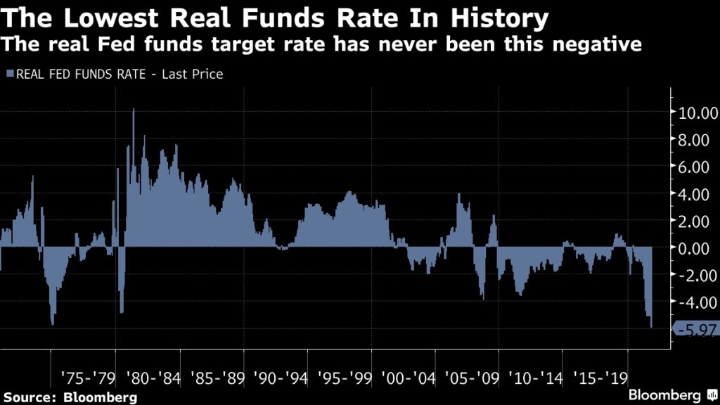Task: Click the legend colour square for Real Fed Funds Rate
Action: (8, 73)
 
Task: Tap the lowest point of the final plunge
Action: (651, 326)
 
